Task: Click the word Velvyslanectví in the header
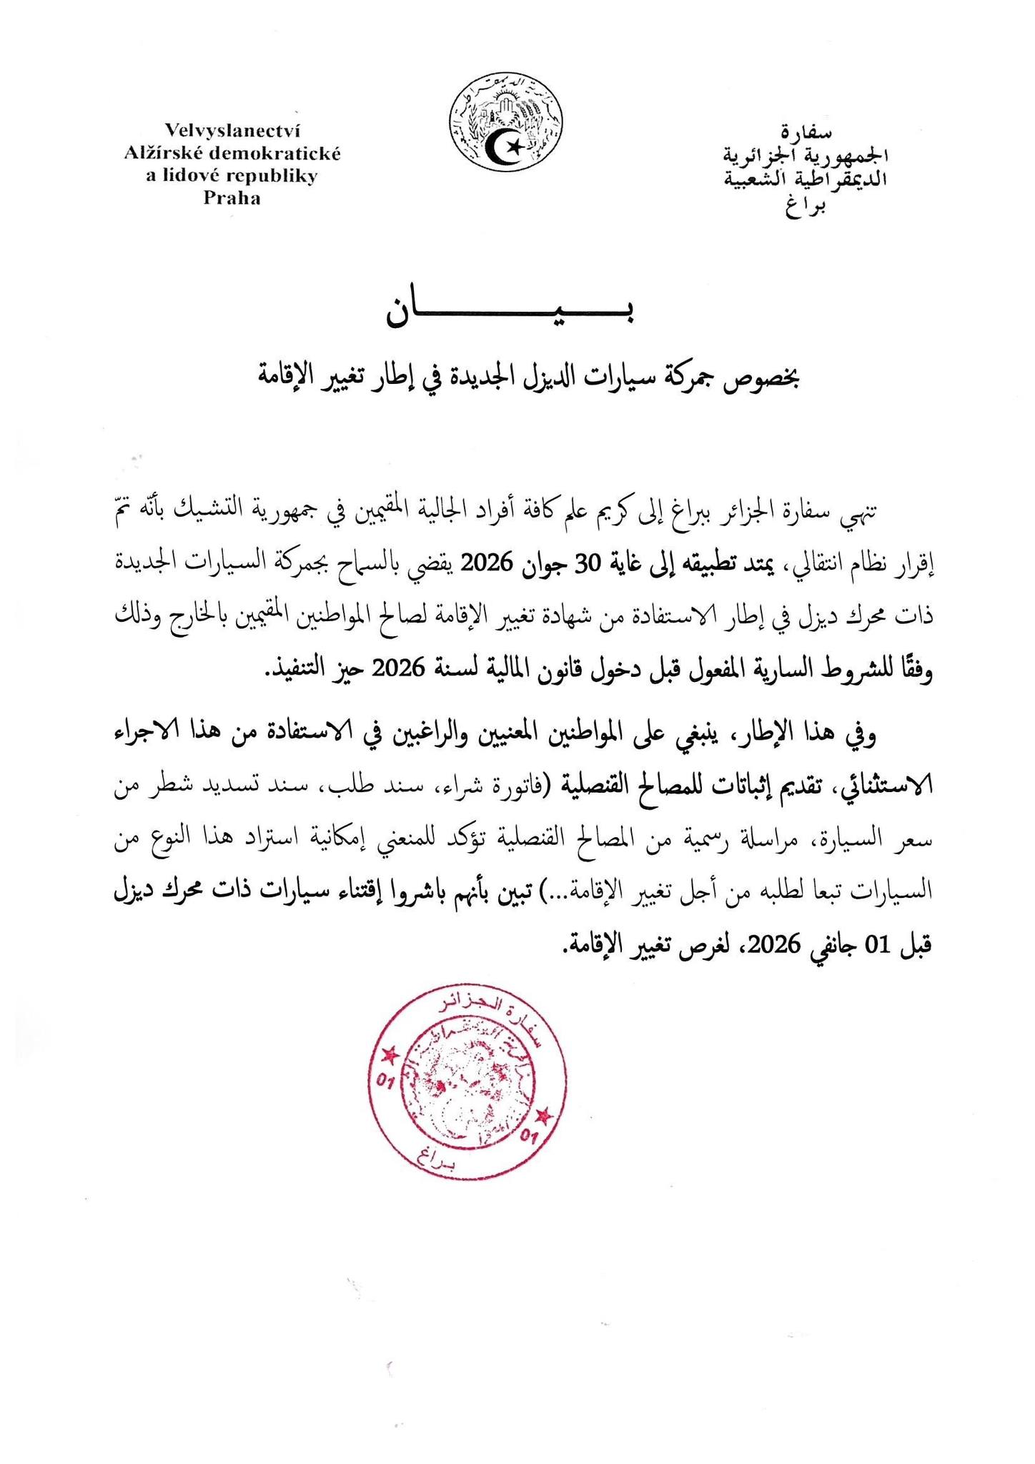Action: click(232, 132)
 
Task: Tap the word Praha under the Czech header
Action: click(232, 199)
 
